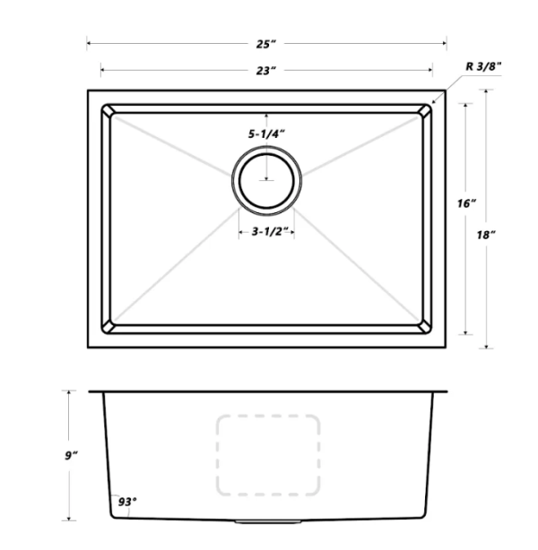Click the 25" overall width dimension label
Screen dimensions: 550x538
click(266, 42)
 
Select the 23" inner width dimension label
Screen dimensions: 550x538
click(266, 69)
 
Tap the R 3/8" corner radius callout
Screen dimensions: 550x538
click(483, 66)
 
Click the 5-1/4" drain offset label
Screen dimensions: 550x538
click(266, 133)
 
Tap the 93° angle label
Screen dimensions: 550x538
click(126, 502)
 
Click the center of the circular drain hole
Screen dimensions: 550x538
click(267, 179)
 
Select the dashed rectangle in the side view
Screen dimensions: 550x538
click(267, 455)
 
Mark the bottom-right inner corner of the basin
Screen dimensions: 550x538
click(425, 327)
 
